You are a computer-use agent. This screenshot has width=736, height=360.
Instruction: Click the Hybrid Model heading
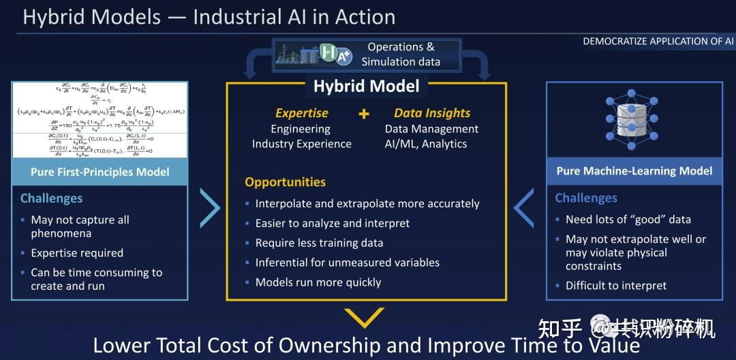pyautogui.click(x=366, y=87)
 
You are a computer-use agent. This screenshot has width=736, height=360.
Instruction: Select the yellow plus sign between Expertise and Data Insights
pyautogui.click(x=364, y=113)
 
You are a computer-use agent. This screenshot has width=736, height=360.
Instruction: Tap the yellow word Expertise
pyautogui.click(x=301, y=113)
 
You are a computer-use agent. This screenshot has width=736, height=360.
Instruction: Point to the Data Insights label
pyautogui.click(x=432, y=113)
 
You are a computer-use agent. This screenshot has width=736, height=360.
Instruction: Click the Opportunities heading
pyautogui.click(x=285, y=182)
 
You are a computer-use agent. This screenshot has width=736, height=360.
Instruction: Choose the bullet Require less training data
pyautogui.click(x=319, y=243)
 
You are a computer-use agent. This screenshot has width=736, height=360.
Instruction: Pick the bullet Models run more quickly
pyautogui.click(x=318, y=282)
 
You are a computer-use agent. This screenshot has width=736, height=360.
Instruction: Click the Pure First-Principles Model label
pyautogui.click(x=99, y=172)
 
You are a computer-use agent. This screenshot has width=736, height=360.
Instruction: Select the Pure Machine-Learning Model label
pyautogui.click(x=634, y=170)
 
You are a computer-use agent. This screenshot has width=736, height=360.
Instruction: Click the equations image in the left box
pyautogui.click(x=99, y=120)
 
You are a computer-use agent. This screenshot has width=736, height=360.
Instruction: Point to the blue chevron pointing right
pyautogui.click(x=210, y=209)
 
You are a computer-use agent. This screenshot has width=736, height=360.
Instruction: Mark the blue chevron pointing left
pyautogui.click(x=523, y=209)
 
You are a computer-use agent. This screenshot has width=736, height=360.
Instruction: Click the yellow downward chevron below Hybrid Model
pyautogui.click(x=365, y=318)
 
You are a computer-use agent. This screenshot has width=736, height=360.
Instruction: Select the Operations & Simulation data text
pyautogui.click(x=401, y=55)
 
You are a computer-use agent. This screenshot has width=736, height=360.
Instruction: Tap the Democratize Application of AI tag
pyautogui.click(x=658, y=42)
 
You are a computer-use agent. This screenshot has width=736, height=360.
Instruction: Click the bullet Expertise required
pyautogui.click(x=77, y=253)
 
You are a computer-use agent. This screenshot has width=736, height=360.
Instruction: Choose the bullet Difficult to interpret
pyautogui.click(x=616, y=286)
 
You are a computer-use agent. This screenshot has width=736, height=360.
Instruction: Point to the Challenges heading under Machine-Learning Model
pyautogui.click(x=586, y=198)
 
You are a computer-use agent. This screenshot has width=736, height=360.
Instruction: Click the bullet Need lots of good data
pyautogui.click(x=628, y=220)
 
